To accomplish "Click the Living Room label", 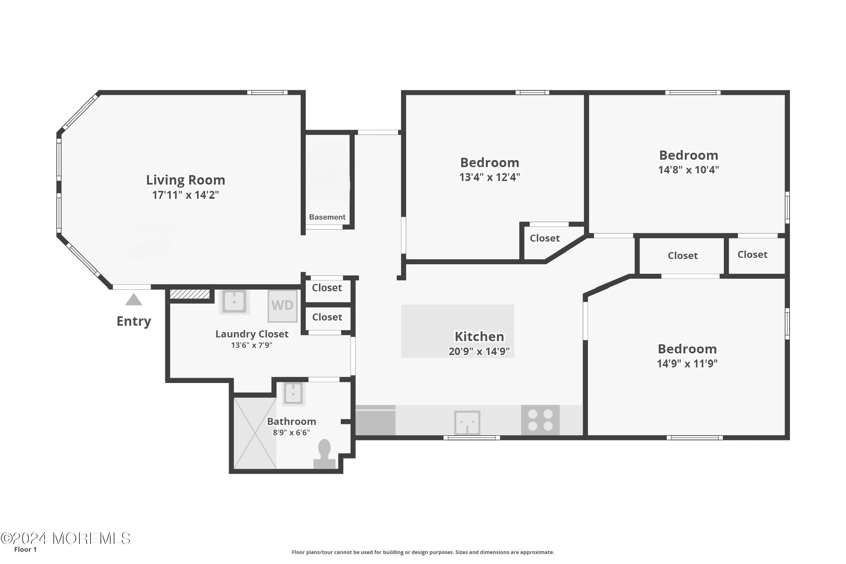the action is (x=185, y=180).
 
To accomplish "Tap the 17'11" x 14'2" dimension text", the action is (x=185, y=195).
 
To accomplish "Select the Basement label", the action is (x=327, y=217).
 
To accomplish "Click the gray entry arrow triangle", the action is (x=134, y=300).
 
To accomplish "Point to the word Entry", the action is (x=134, y=321).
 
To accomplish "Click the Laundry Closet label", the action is (x=252, y=334).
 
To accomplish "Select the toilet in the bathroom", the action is (x=324, y=454).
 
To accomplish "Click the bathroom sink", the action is (x=293, y=393).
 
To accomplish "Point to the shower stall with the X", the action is (x=255, y=433).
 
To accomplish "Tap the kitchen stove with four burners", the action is (x=540, y=420).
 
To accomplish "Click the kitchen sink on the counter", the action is (x=467, y=423).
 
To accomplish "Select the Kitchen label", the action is (x=479, y=337).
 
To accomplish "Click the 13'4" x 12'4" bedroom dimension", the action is (x=490, y=177).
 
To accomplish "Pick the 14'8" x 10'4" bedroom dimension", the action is (x=689, y=170).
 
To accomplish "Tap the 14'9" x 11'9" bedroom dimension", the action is (x=687, y=364).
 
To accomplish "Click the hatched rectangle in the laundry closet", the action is (x=190, y=294).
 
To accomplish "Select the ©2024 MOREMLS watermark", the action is (x=65, y=539).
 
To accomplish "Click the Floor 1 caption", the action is (x=25, y=549).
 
